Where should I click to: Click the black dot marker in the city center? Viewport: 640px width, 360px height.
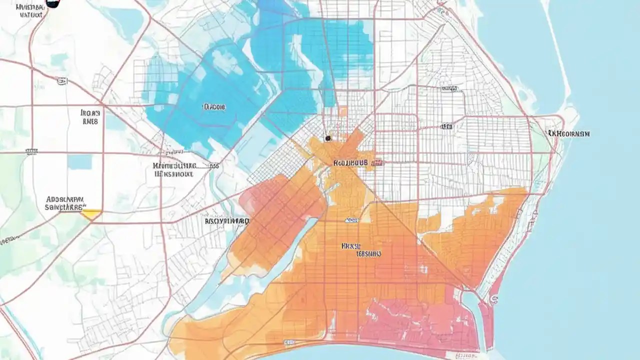tap(327, 138)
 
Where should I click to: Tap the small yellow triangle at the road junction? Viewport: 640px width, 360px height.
tap(91, 214)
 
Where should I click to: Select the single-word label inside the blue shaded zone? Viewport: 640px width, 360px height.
tap(214, 106)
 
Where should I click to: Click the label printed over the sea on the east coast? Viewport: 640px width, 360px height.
tap(568, 133)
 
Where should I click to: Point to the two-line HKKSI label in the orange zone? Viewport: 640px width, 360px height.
tap(361, 249)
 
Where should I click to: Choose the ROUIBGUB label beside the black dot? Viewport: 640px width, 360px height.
tap(350, 162)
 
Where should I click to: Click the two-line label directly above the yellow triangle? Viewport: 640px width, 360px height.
tap(65, 202)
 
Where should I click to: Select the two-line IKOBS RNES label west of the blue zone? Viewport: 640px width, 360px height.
tap(90, 117)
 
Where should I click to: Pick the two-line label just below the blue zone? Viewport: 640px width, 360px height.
tap(174, 170)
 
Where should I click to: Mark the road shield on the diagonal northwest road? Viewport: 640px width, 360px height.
tap(61, 80)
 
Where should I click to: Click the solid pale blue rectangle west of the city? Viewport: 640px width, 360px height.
tap(79, 161)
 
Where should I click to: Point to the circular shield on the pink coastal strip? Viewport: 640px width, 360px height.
tap(494, 299)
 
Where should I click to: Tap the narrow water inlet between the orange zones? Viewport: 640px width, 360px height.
tap(280, 255)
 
